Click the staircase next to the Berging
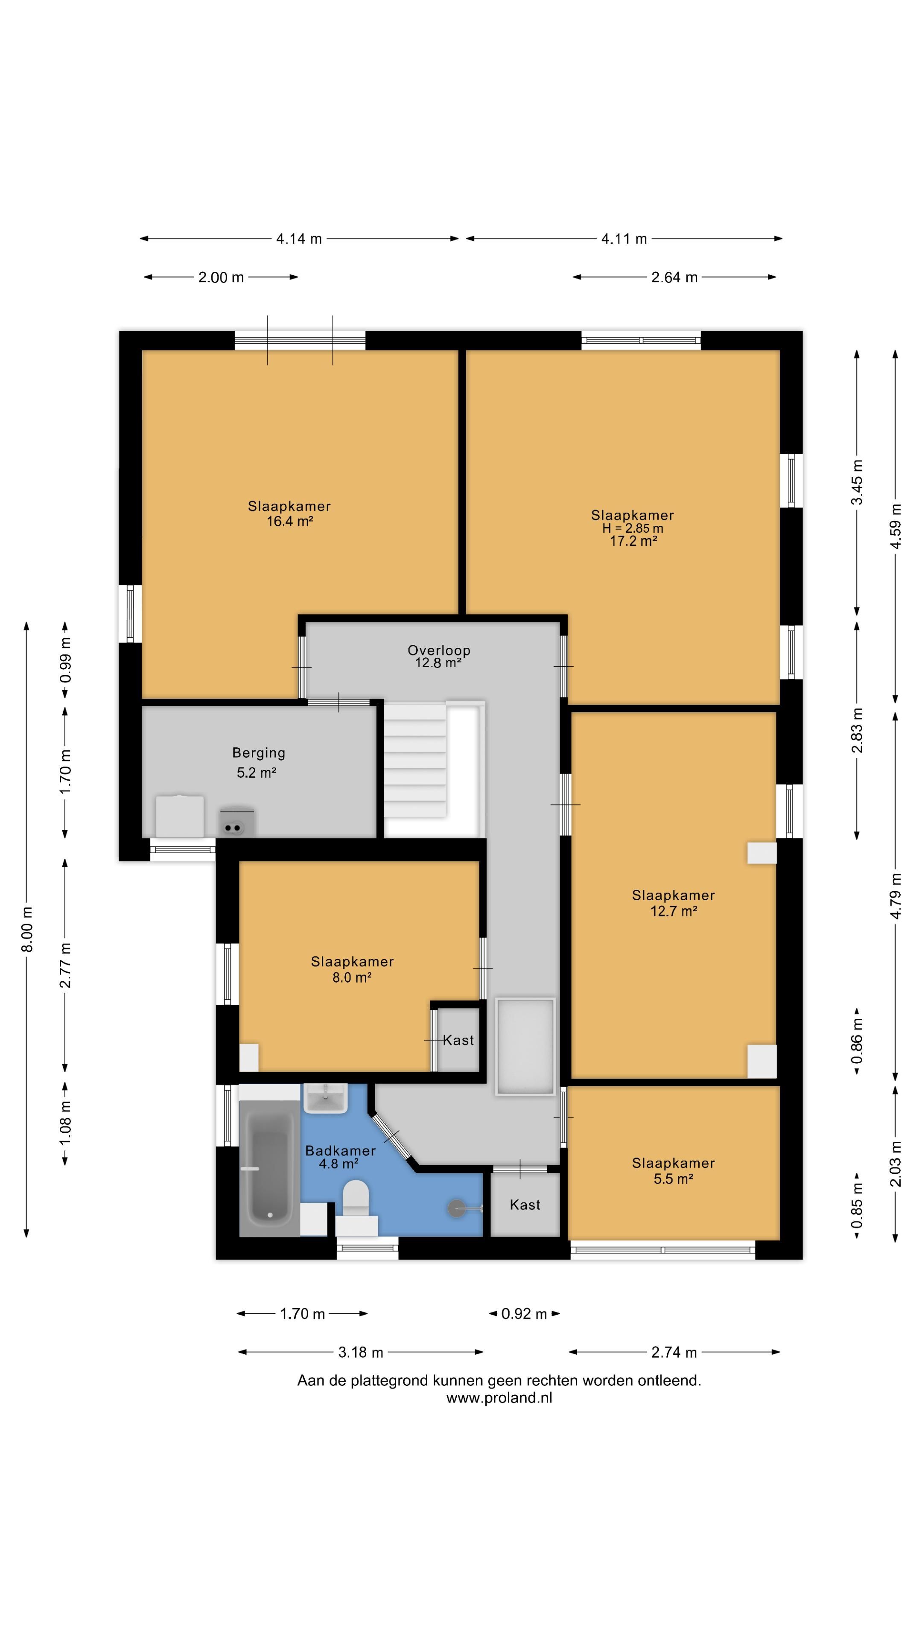point(415,760)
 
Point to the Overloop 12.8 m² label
point(439,656)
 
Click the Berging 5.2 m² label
point(258,762)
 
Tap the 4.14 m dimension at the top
point(299,239)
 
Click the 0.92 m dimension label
point(524,1314)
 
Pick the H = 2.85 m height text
point(633,528)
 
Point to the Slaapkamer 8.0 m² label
point(352,969)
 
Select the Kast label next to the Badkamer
point(525,1204)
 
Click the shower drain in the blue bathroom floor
point(457,1207)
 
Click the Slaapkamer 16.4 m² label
point(289,513)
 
